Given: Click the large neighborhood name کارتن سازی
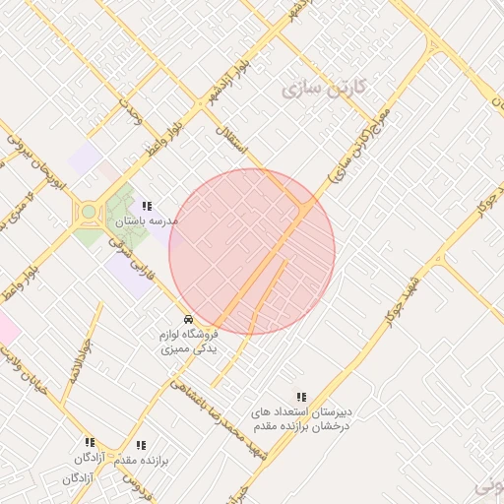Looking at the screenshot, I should (x=323, y=88).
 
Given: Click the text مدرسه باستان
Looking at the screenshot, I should (x=146, y=220).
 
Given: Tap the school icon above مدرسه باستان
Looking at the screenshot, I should (x=147, y=206).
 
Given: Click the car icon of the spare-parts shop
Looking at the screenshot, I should (x=187, y=319).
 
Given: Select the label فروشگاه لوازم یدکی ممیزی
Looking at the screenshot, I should (x=188, y=342).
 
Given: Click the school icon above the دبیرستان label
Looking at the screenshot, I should (x=301, y=397).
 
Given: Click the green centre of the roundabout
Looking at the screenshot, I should (x=89, y=211).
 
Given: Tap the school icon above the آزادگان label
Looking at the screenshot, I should (x=90, y=443).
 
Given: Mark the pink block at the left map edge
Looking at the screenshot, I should (x=6, y=327).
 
